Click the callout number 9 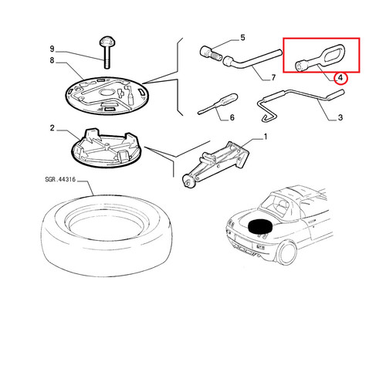click(52, 49)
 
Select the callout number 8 click(52, 60)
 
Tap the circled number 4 click(340, 77)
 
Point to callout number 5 click(242, 38)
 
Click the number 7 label click(273, 77)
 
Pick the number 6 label click(232, 117)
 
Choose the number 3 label click(340, 117)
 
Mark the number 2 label click(52, 128)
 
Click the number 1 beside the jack click(266, 137)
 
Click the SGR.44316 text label click(60, 179)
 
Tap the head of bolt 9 click(107, 41)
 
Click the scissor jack click(215, 164)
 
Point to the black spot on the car click(259, 227)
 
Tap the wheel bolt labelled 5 click(212, 53)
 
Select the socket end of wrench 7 click(228, 62)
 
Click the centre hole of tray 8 click(107, 92)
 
